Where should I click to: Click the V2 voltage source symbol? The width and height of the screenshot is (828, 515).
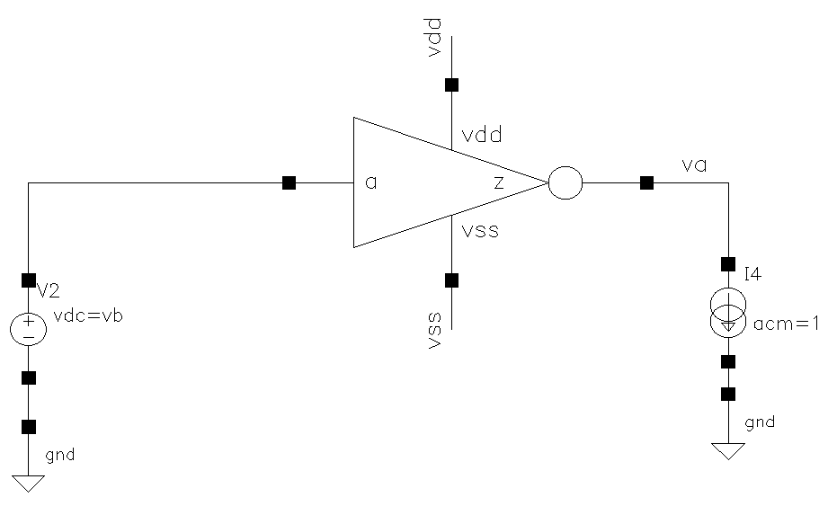(29, 329)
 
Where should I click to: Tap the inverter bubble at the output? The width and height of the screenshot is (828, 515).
(565, 183)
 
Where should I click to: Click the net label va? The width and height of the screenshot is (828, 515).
(693, 165)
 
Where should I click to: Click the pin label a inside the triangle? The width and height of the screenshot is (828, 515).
(370, 183)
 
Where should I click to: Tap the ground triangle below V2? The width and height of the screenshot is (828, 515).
(29, 483)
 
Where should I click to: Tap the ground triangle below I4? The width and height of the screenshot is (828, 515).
(728, 450)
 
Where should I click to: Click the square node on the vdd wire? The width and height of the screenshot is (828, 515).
(452, 85)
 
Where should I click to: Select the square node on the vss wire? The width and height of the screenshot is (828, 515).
(452, 280)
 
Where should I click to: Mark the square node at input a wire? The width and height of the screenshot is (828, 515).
(289, 183)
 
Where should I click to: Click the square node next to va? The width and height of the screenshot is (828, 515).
(645, 183)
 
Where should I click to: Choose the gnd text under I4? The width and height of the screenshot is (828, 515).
(760, 422)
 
